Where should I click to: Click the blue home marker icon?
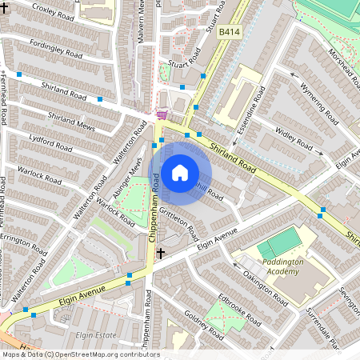(x=180, y=172)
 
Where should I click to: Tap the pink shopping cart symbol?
(x=162, y=114)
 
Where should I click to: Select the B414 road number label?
(x=230, y=32)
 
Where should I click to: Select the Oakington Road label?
(x=265, y=289)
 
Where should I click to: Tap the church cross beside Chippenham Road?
(x=161, y=253)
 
